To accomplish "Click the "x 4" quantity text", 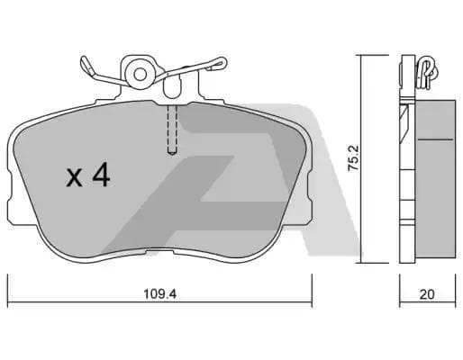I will pos(87,176).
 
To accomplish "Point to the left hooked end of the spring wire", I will pos(85,64).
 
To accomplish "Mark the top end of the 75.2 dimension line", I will pos(360,57).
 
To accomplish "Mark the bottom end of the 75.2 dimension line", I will pos(360,264).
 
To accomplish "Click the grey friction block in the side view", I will pos(438,171).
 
